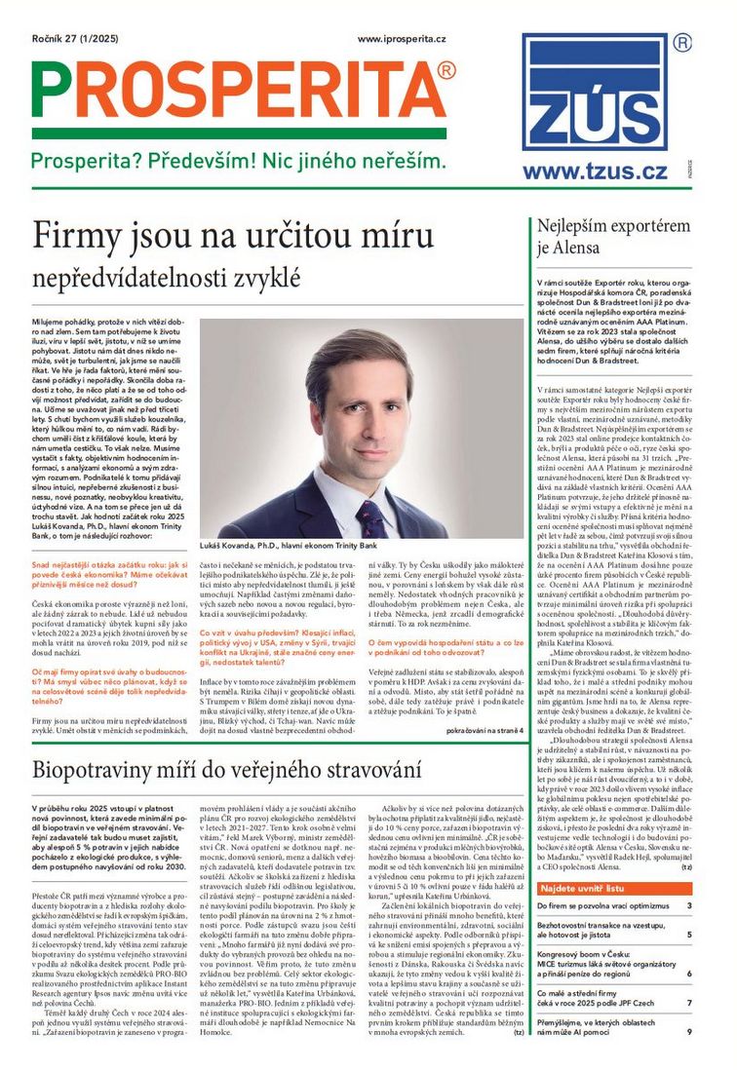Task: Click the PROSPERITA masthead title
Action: pos(239,91)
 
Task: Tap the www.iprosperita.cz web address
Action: pos(402,39)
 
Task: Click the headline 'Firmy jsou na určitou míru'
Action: pos(233,237)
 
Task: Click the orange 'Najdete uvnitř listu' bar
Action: pos(615,889)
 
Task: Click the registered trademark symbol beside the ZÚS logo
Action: pos(683,43)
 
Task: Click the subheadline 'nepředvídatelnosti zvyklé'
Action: pos(167,278)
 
